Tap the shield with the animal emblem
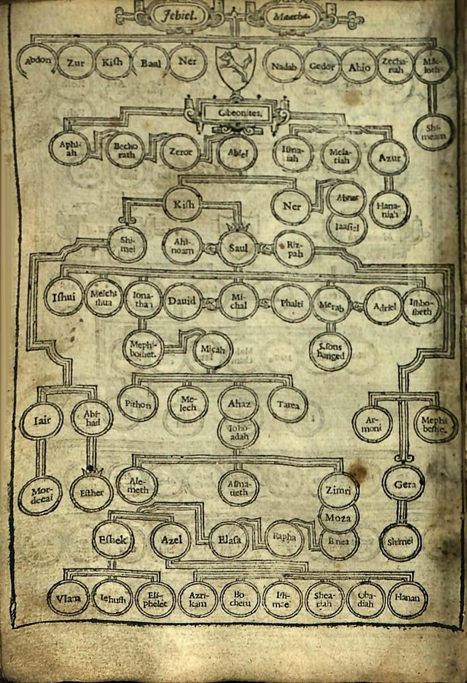(236, 67)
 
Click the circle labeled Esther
(91, 492)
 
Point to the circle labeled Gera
(403, 484)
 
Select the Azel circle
(171, 540)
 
